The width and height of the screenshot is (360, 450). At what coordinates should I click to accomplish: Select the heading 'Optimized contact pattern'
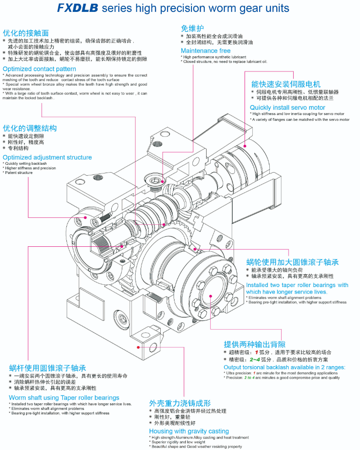[39, 69]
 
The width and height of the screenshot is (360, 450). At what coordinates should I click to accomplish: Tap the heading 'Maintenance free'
[206, 51]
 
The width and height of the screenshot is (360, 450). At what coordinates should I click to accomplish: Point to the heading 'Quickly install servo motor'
[288, 108]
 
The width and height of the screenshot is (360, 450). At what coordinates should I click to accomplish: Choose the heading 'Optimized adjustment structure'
[47, 157]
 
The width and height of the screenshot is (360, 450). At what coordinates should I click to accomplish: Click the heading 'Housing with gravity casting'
[189, 431]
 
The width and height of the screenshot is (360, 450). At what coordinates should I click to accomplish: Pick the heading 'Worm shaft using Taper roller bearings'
[64, 398]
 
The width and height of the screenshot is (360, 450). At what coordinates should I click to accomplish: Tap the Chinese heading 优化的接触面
[26, 33]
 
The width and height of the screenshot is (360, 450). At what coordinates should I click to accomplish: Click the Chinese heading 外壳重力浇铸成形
[180, 403]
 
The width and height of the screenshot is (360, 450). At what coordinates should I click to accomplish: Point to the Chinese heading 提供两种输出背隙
[255, 344]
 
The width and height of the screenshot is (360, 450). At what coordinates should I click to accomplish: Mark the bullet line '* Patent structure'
[18, 173]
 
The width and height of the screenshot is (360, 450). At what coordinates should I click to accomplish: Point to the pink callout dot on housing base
[139, 347]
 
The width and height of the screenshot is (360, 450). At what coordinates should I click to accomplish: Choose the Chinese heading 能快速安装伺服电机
[286, 84]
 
